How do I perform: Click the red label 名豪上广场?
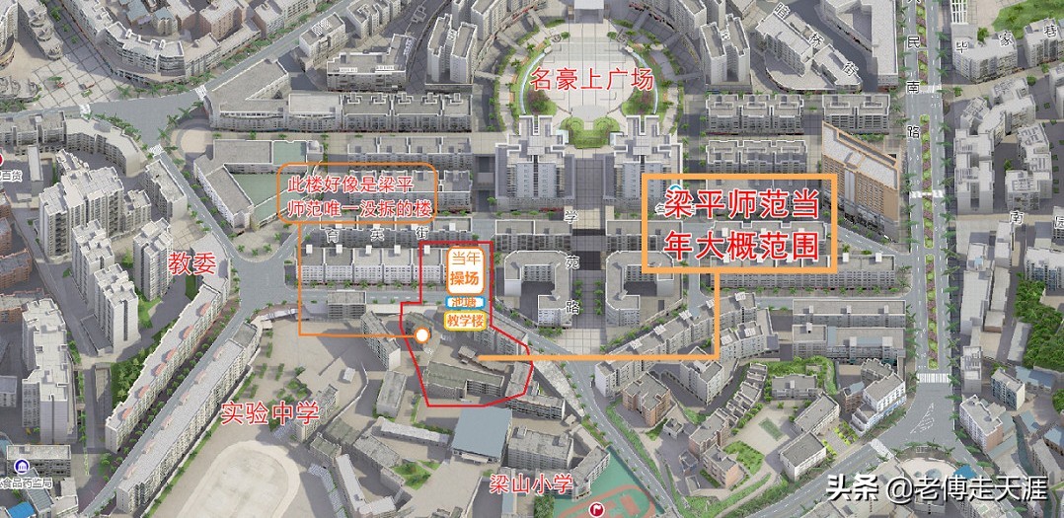pos(591,79)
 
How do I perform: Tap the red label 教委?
pos(192,262)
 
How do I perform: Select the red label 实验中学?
pos(269,412)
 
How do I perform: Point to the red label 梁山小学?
pos(532,483)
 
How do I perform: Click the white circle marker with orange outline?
pos(422,335)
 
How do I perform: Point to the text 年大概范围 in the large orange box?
pos(740,247)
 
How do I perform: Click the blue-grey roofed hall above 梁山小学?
pos(481,432)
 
